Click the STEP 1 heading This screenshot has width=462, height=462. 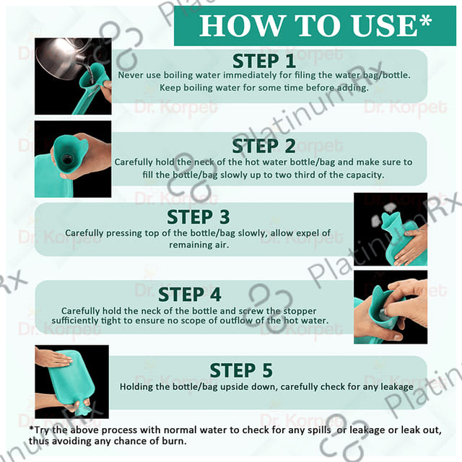point(264,61)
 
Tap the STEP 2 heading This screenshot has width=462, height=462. point(263,146)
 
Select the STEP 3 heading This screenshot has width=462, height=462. point(199,217)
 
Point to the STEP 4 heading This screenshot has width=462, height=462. point(189,295)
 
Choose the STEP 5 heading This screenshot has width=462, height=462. point(241,370)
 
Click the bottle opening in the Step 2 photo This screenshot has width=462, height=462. point(67,160)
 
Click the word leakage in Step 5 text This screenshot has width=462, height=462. point(397,387)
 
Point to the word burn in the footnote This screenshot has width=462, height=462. point(175,441)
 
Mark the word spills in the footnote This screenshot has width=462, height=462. point(319,430)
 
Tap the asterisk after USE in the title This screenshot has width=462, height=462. point(425,20)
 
